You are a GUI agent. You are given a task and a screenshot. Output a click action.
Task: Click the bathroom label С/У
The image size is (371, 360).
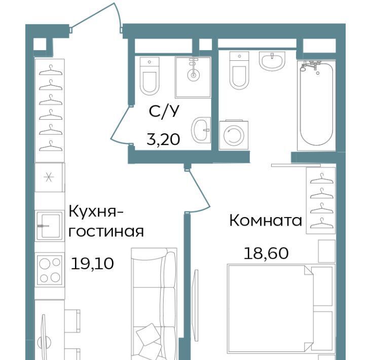pyautogui.click(x=164, y=111)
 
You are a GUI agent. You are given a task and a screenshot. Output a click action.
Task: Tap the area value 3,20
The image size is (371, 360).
pyautogui.click(x=163, y=139)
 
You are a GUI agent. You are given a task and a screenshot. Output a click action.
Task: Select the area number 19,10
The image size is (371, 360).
pyautogui.click(x=92, y=264)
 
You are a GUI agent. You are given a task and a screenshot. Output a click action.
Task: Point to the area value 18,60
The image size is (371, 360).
pyautogui.click(x=266, y=253)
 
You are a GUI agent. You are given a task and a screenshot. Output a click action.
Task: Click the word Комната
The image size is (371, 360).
pyautogui.click(x=266, y=221)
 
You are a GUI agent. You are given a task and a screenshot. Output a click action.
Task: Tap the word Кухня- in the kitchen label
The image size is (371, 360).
pyautogui.click(x=96, y=211)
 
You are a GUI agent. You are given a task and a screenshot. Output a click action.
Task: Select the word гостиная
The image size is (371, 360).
pyautogui.click(x=106, y=232)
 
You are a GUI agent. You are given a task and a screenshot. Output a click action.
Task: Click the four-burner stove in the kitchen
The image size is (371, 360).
pyautogui.click(x=50, y=270)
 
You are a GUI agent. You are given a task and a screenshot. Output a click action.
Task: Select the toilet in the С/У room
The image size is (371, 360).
pyautogui.click(x=150, y=76)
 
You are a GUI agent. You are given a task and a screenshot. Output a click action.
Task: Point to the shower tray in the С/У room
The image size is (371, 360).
pyautogui.click(x=193, y=77)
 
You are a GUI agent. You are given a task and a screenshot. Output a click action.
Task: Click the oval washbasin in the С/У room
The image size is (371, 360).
pyautogui.click(x=201, y=130)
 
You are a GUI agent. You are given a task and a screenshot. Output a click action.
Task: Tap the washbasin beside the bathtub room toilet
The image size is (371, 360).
pyautogui.click(x=272, y=61)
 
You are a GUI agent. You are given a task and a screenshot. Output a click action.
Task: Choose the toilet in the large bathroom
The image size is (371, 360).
pyautogui.click(x=239, y=70)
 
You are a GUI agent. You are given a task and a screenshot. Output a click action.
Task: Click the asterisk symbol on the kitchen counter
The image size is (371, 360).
pyautogui.click(x=49, y=177)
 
